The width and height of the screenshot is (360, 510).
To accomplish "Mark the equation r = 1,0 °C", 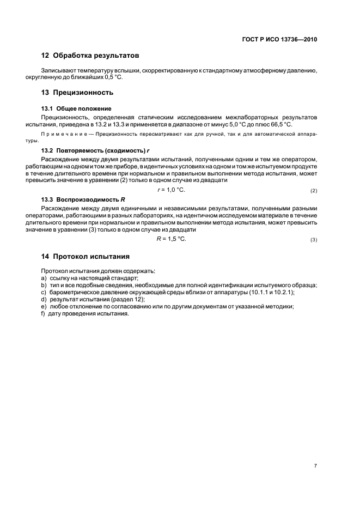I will tap(171, 190).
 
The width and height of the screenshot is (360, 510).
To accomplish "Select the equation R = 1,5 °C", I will tap(171, 239).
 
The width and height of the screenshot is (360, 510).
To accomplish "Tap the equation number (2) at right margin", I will tap(313, 191).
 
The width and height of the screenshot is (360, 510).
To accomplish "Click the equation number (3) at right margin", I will tap(313, 240).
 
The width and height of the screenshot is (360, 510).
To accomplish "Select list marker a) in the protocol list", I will tap(44, 277).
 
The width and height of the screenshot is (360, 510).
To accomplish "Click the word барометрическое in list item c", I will tap(72, 292).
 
